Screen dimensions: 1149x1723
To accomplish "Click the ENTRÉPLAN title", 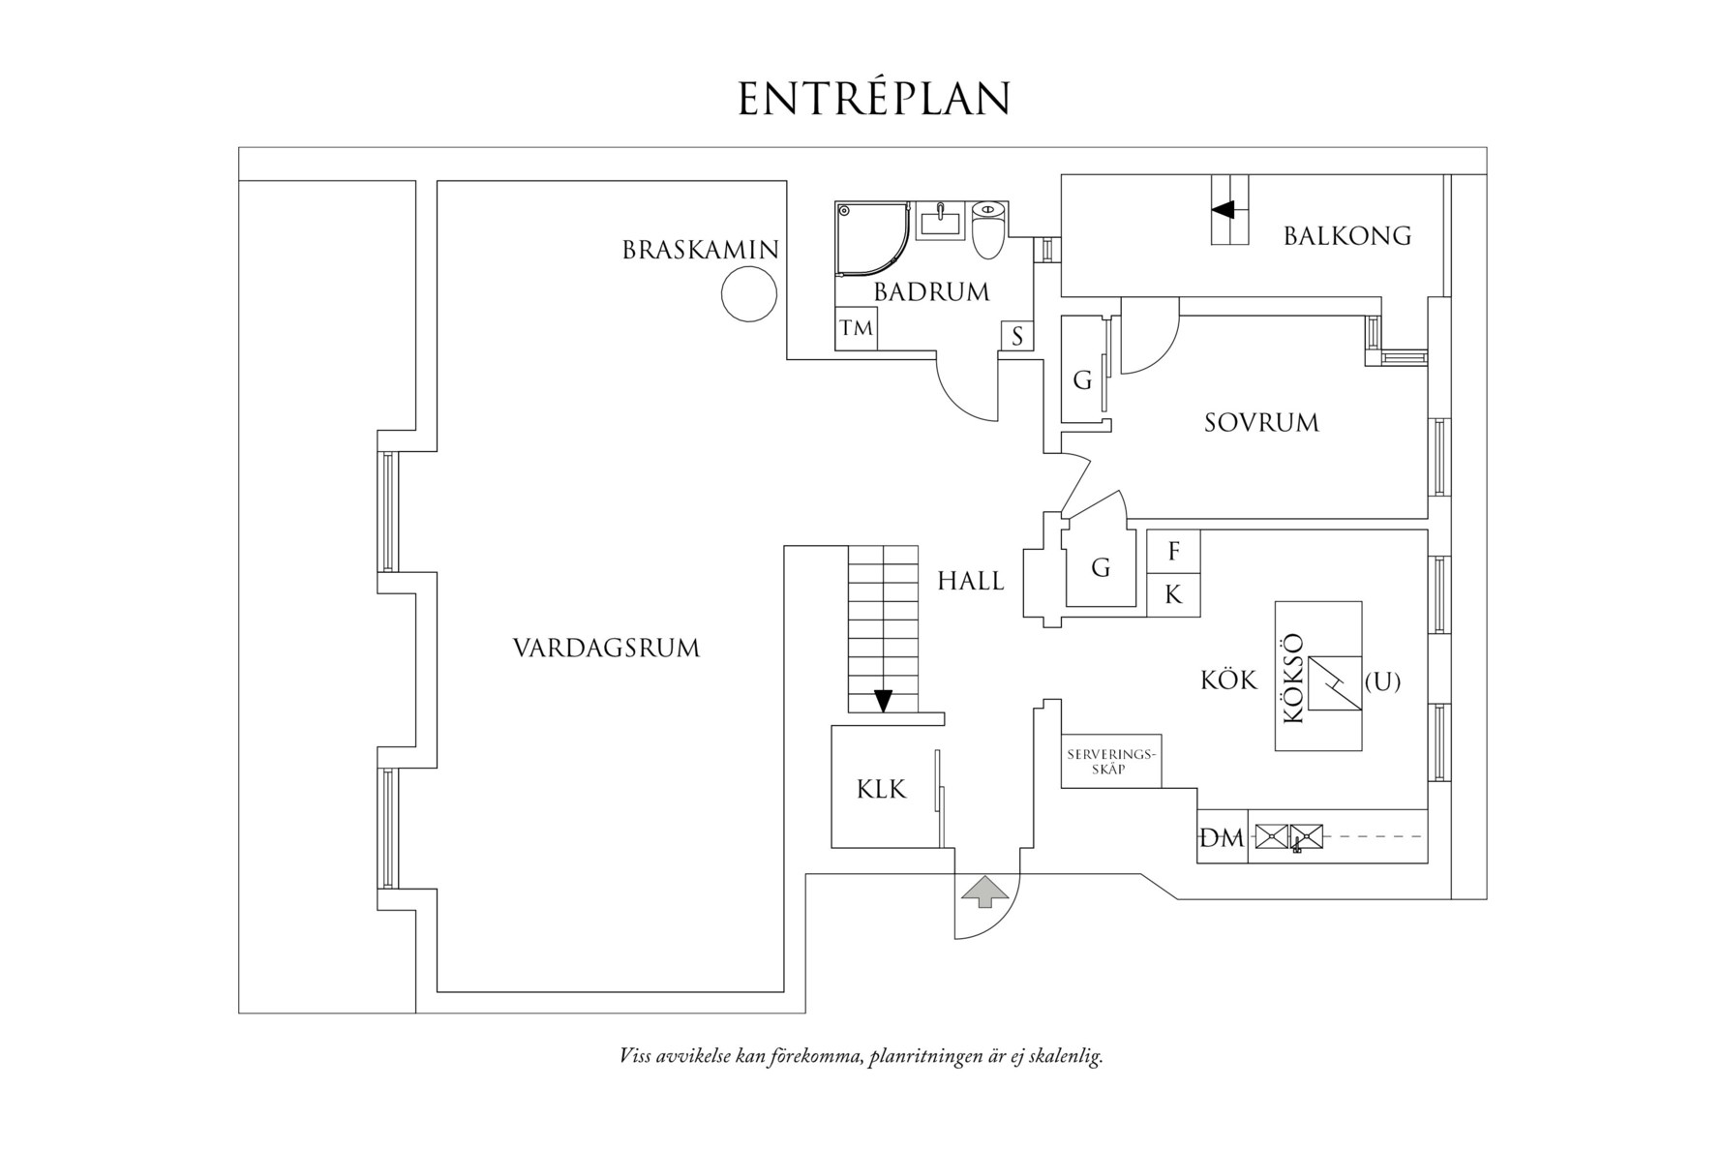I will pos(874,99).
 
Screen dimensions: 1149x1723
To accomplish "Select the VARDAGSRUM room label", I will pos(606,648).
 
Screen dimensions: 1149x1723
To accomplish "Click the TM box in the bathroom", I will pos(857,328).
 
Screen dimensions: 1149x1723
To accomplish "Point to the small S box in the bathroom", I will pos(1017,336).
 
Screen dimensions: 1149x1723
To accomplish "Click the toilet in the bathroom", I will pos(988,229).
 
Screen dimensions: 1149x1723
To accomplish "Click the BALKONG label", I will pos(1346,235).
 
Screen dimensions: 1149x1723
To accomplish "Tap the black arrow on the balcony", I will pos(1224,209).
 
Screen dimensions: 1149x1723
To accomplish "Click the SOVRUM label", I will pos(1261,423).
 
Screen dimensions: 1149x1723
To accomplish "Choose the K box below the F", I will pos(1173,594).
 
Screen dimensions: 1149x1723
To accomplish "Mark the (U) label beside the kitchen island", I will pos(1382,681).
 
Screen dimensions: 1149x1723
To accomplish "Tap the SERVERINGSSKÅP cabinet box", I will pos(1110,761).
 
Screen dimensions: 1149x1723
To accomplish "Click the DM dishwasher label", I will pos(1221,838).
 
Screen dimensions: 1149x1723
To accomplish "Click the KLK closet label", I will pos(881,790).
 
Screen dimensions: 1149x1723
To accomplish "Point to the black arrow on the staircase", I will pos(883,700).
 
